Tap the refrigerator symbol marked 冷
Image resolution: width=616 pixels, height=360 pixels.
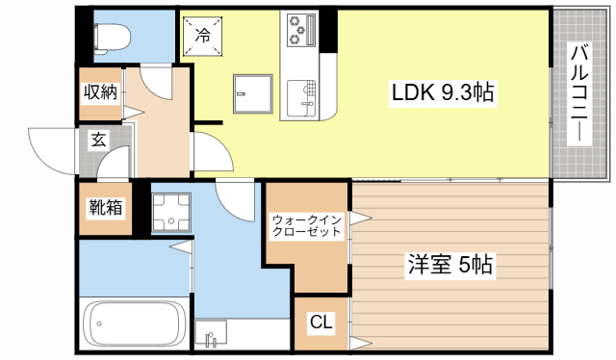pos(203,37)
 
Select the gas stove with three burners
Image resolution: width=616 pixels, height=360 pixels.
pos(301,29)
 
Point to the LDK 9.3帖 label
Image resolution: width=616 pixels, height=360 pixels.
pos(442,93)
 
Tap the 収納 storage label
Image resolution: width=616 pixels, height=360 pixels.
pos(99,93)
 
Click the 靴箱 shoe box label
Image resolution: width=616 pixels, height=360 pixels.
pos(106,206)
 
